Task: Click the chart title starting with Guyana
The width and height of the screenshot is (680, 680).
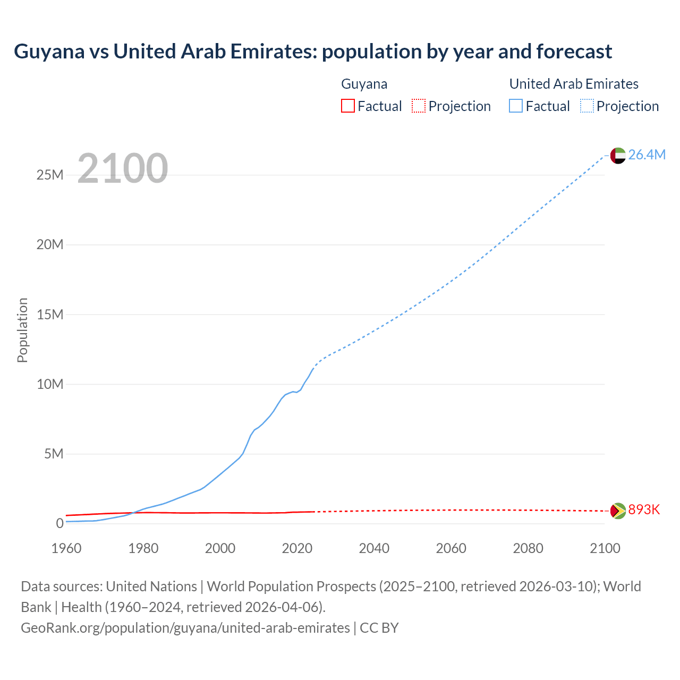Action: (312, 52)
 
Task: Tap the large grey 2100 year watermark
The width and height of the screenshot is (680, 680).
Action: (123, 168)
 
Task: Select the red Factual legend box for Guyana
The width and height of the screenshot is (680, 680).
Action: (348, 106)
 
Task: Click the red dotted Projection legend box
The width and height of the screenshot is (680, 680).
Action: (419, 106)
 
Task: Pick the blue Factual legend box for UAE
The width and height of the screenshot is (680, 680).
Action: (516, 106)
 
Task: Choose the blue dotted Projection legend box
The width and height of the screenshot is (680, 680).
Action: (587, 106)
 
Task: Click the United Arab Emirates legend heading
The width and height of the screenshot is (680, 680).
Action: (574, 84)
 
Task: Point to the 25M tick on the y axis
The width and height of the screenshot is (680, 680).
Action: (50, 175)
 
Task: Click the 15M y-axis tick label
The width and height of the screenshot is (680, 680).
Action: (50, 314)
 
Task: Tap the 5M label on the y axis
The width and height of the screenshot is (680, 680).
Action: (54, 454)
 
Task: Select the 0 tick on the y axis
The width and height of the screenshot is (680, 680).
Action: (59, 523)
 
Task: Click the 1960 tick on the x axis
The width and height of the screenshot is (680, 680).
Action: (66, 548)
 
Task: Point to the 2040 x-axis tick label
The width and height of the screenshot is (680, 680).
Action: (374, 548)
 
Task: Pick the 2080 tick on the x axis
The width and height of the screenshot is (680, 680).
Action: (528, 548)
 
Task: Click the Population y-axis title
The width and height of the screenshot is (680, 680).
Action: (22, 330)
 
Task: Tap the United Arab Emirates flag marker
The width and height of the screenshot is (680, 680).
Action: (618, 155)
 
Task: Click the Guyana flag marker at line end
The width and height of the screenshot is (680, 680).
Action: (618, 511)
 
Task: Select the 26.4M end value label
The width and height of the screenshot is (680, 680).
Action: (647, 155)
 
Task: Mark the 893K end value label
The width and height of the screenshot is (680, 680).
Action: (644, 510)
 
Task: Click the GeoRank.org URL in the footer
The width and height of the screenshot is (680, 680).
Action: (185, 628)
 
